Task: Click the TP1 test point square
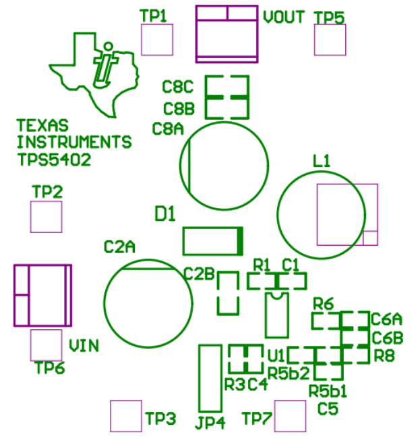coord(156,40)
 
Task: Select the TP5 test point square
coord(330,40)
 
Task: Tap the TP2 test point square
coord(46,217)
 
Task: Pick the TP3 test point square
coord(125,416)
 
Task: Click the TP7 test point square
coord(290,416)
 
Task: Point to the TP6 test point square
coord(46,345)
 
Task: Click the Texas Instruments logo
coord(94,71)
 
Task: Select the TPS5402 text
coord(54,160)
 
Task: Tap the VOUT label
coord(284,18)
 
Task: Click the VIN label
coord(84,346)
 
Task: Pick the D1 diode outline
coord(212,241)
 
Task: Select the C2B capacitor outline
coord(228,293)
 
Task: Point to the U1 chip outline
coord(276,315)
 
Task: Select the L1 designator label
coord(322,162)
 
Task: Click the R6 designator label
coord(323,304)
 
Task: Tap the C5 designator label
coord(328,408)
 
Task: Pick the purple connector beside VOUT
coord(227,34)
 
